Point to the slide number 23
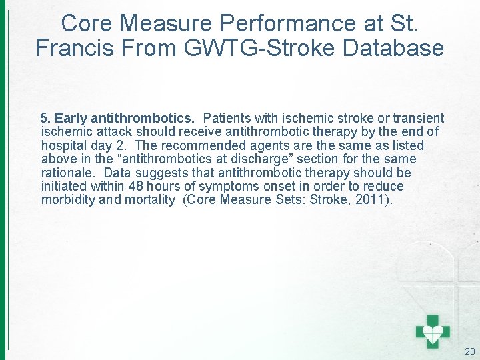[x=469, y=351]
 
